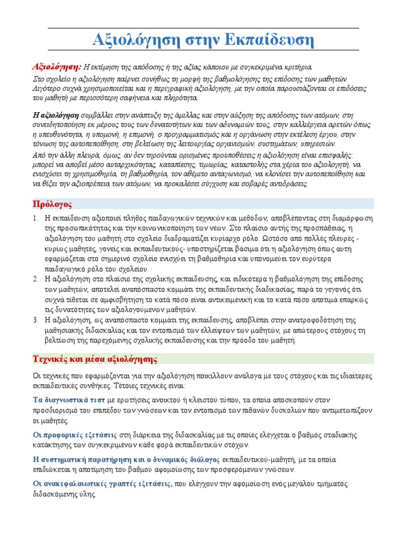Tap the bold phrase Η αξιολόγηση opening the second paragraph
(x=56, y=115)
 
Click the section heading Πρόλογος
(x=52, y=204)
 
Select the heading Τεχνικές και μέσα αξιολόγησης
(x=95, y=359)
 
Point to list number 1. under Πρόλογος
(x=35, y=218)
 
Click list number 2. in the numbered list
(x=35, y=278)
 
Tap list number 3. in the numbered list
(x=35, y=320)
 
